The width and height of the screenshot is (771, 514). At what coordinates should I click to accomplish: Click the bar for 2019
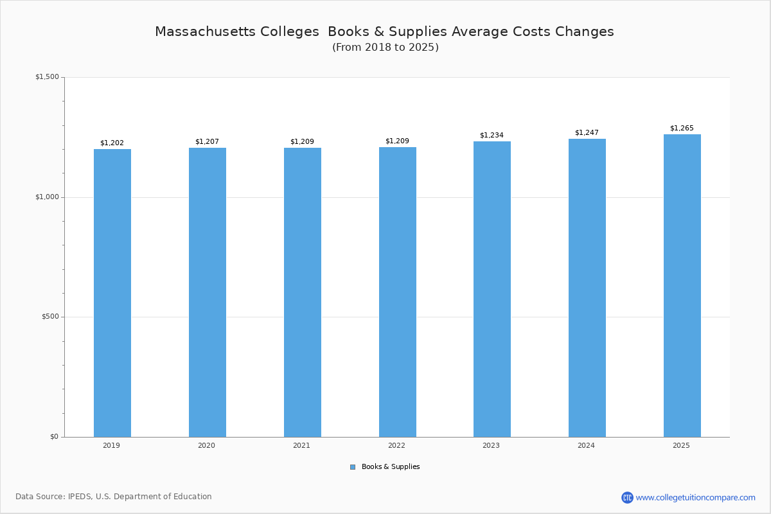[x=112, y=293]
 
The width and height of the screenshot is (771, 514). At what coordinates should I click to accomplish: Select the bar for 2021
[x=303, y=292]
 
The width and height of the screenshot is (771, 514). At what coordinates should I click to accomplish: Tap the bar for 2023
[x=492, y=289]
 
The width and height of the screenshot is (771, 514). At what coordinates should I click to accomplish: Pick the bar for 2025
[x=682, y=285]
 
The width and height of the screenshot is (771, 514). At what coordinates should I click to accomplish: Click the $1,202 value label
[x=112, y=143]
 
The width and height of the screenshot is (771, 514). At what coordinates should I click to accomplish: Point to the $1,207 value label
[x=207, y=141]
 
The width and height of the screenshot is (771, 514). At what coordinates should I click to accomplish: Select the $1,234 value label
[x=492, y=135]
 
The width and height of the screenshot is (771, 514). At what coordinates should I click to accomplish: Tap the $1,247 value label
[x=587, y=132]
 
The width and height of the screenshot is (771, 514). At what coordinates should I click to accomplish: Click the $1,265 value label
[x=682, y=128]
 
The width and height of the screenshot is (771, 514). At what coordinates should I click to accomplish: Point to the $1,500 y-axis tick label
[x=47, y=77]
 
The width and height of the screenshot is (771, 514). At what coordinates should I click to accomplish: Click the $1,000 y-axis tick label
[x=47, y=197]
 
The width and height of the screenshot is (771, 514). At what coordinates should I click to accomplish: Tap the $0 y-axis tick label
[x=54, y=437]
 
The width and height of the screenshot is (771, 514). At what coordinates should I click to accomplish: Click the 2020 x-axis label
[x=206, y=445]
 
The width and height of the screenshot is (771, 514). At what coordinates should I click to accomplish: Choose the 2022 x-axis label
[x=396, y=445]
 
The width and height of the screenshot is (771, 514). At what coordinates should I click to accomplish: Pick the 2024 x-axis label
[x=586, y=445]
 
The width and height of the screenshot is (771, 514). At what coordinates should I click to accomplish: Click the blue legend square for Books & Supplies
[x=353, y=467]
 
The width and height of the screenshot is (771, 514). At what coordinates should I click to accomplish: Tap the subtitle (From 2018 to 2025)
[x=385, y=48]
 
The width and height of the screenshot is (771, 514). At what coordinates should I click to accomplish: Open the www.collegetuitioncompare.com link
[x=695, y=497]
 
